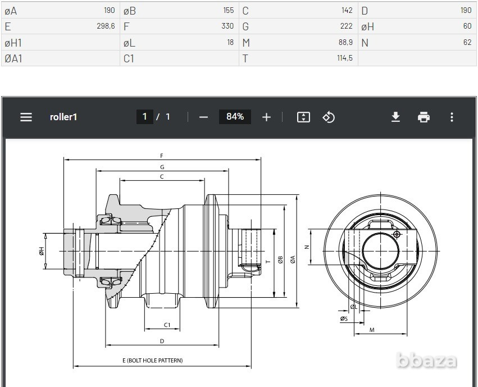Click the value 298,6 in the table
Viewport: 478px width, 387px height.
click(x=106, y=26)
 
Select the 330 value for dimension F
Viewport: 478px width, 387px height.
click(x=227, y=26)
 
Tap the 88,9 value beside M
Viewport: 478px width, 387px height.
click(x=345, y=42)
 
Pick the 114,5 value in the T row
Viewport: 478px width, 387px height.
click(x=345, y=58)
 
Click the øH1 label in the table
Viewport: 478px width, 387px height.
click(x=13, y=43)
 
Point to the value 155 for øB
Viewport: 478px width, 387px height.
click(x=229, y=10)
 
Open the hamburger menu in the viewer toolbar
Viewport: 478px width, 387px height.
click(x=26, y=117)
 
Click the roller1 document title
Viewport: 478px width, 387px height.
click(x=63, y=117)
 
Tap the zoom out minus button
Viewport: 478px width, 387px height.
click(x=203, y=117)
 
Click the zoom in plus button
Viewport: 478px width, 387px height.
click(x=266, y=117)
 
